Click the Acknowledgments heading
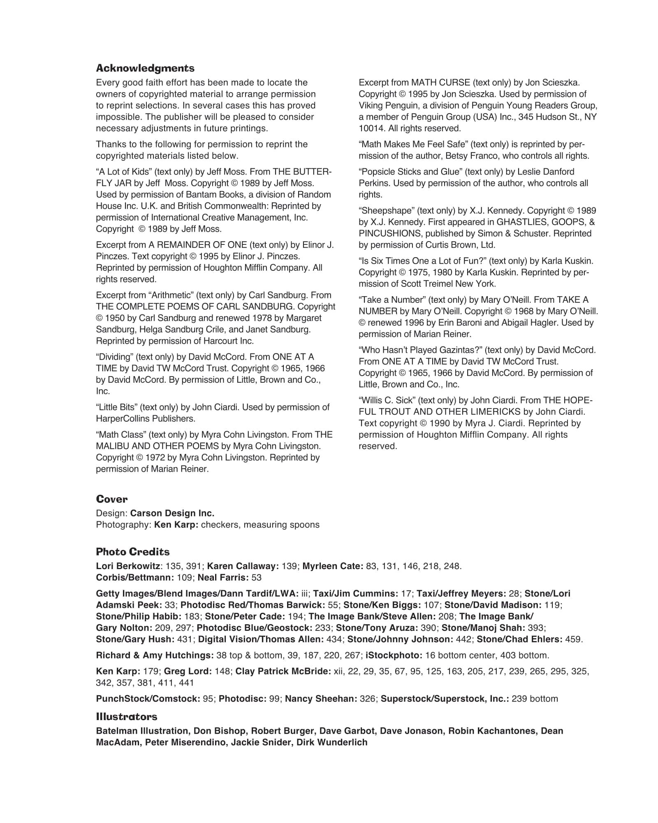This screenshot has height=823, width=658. pos(145,68)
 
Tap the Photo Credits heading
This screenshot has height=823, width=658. pos(132,552)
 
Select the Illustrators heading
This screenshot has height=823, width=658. pos(127,716)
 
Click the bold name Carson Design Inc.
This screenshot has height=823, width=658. pos(172,513)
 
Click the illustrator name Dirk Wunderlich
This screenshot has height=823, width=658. pos(332,742)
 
